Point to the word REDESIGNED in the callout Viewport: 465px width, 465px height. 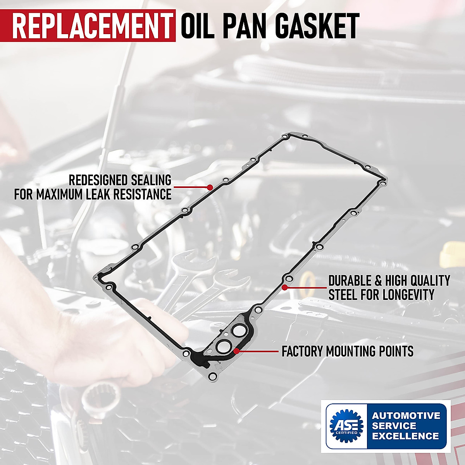tap(98, 180)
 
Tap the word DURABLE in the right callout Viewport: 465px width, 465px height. tap(353, 281)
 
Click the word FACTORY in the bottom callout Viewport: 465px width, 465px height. tap(302, 351)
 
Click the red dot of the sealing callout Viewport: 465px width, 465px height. tap(210, 187)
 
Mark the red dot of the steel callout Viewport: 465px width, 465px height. tap(284, 288)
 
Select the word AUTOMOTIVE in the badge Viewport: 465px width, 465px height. tap(406, 416)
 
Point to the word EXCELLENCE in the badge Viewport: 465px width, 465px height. tap(405, 436)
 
